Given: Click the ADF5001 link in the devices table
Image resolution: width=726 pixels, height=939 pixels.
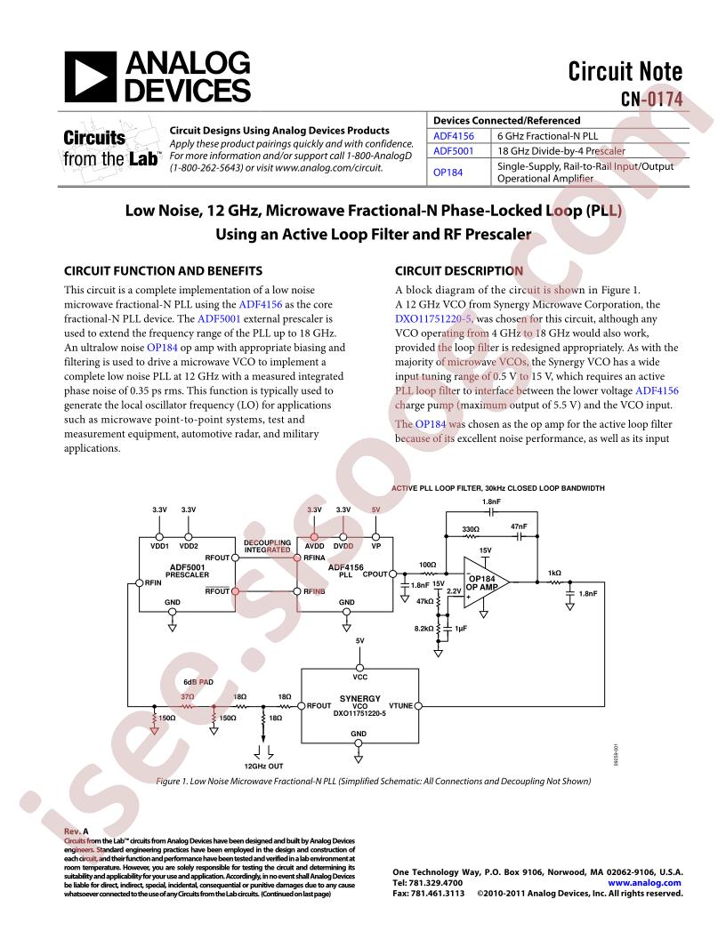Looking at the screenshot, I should click(453, 152).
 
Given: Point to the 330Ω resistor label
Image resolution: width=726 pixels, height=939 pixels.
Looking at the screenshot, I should click(471, 530).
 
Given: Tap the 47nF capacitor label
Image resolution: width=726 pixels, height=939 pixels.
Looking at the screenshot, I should click(519, 527).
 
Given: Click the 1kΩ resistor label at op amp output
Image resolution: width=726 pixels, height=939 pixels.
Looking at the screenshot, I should click(554, 573).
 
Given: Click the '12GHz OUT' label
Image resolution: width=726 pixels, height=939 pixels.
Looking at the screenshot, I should click(264, 765).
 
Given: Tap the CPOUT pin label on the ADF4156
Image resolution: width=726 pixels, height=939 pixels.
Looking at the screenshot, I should click(375, 574).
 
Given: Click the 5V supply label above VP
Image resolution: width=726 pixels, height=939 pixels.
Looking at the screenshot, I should click(376, 510).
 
